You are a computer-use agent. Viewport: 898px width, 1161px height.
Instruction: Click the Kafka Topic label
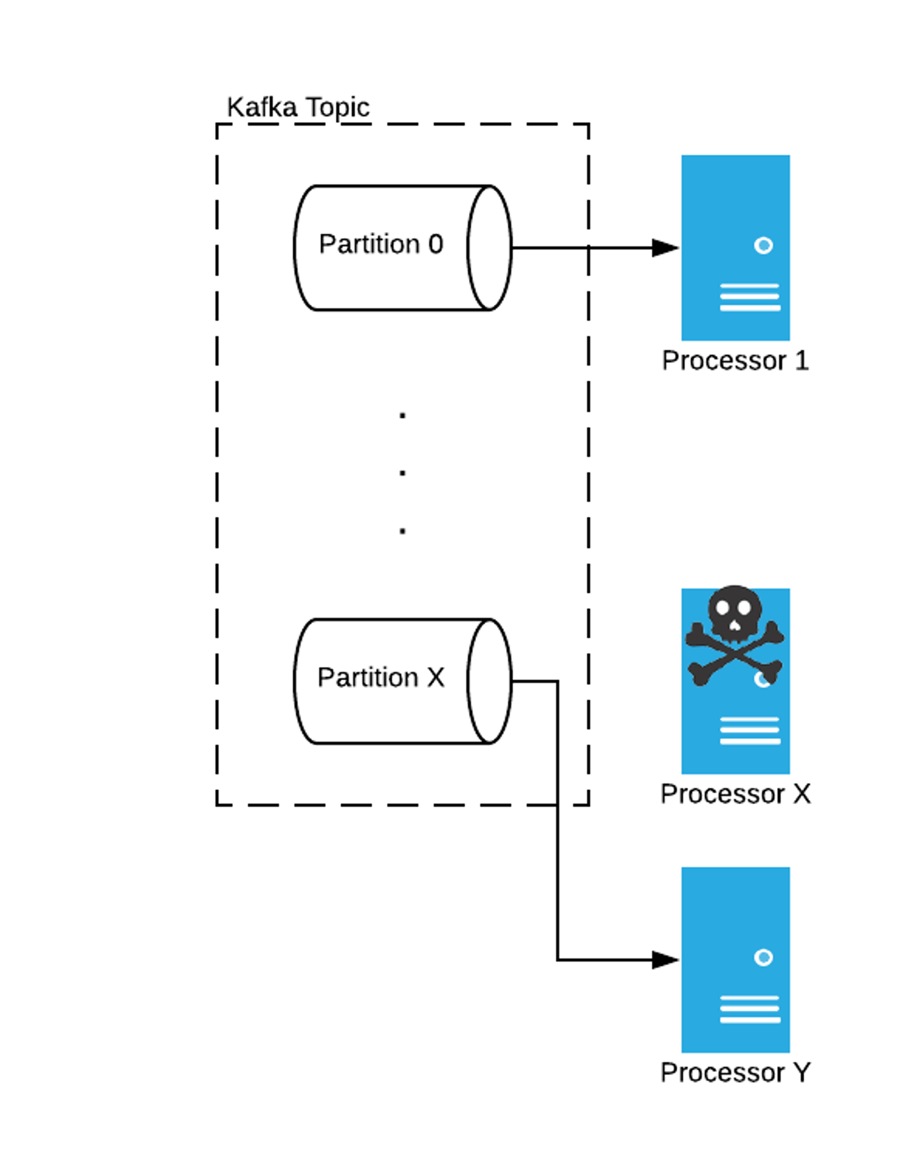(x=298, y=108)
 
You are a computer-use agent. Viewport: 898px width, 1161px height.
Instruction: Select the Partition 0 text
(x=381, y=245)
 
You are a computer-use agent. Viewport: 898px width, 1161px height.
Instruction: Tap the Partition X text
(x=381, y=678)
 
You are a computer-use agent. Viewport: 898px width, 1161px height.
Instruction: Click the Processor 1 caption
(x=735, y=361)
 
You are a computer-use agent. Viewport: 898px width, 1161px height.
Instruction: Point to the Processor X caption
(x=735, y=794)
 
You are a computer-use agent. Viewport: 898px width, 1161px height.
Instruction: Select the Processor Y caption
(x=735, y=1073)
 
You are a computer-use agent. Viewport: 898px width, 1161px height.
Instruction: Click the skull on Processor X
(x=734, y=617)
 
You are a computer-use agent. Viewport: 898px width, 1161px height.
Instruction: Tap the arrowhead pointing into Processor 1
(x=665, y=248)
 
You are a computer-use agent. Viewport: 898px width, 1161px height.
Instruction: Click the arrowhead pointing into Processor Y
(x=665, y=960)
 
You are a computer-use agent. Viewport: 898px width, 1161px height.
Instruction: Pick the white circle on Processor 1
(x=763, y=245)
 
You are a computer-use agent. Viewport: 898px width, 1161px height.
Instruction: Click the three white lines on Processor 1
(x=750, y=297)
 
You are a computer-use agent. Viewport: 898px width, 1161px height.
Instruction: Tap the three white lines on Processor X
(x=750, y=731)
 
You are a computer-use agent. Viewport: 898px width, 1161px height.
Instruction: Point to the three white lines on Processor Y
(x=750, y=1010)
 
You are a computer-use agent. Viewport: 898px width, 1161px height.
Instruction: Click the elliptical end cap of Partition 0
(x=490, y=248)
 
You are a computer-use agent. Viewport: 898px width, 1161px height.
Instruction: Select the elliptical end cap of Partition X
(x=490, y=681)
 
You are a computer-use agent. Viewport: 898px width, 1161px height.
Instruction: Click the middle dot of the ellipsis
(x=403, y=473)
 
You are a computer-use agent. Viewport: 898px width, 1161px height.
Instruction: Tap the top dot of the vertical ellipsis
(x=403, y=415)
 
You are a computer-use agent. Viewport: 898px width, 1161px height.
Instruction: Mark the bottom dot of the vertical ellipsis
(x=403, y=531)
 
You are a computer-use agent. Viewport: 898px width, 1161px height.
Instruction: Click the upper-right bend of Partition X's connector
(x=557, y=681)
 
